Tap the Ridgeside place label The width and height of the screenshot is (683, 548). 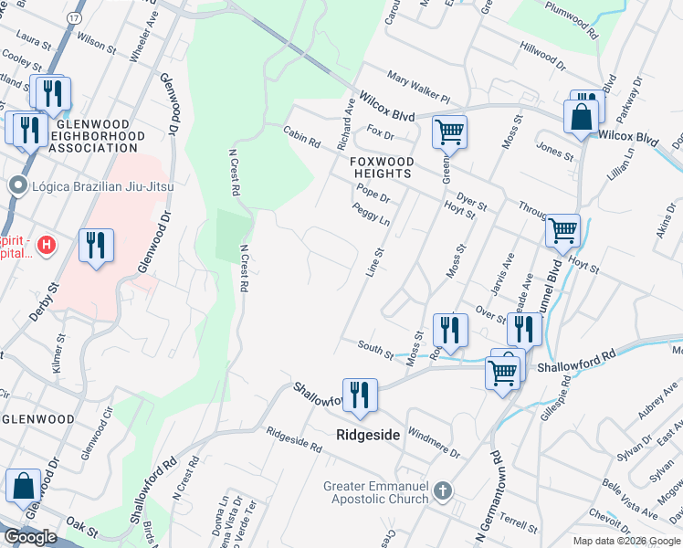point(369,436)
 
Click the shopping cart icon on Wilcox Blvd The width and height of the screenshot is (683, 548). point(449,132)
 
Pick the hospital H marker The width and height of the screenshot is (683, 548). point(47,245)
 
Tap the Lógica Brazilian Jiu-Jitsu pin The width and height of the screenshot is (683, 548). point(16,186)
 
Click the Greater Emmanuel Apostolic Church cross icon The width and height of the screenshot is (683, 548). point(442,491)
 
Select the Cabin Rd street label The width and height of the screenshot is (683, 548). point(301,137)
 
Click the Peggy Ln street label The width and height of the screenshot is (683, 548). point(372,216)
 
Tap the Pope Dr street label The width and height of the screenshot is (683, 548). point(373,193)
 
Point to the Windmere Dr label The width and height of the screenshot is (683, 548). point(434,441)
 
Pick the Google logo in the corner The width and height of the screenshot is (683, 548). point(29,536)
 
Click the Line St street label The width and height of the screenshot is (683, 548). point(375,265)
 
